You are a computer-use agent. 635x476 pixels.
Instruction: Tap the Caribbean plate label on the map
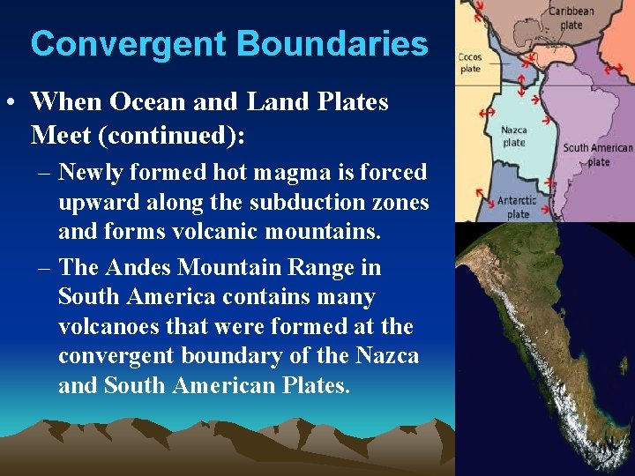[x=571, y=18]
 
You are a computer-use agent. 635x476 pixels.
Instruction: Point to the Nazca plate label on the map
[x=513, y=136]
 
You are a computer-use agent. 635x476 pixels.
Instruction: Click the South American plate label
[x=597, y=154]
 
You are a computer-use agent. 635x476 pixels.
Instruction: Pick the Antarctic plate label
[x=516, y=207]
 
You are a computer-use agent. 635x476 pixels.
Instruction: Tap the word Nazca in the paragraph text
[x=387, y=355]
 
